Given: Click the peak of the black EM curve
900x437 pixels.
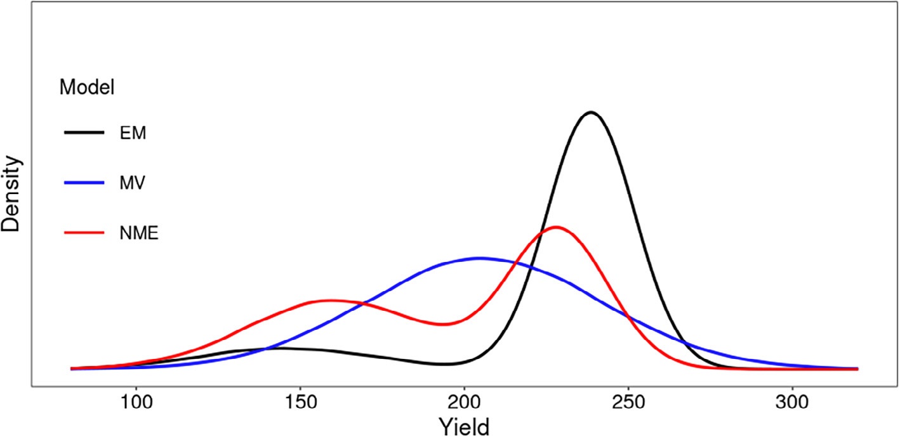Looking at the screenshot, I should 591,112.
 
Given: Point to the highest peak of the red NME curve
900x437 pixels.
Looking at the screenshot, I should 556,226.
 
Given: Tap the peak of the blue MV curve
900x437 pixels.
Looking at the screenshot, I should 480,258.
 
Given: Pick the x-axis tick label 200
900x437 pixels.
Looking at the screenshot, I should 465,402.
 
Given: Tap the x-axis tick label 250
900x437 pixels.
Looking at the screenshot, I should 628,402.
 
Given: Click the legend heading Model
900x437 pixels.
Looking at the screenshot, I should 86,88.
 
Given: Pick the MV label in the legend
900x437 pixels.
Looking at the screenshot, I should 132,183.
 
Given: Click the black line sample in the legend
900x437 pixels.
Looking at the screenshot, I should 84,132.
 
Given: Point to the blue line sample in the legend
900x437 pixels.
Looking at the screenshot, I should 84,183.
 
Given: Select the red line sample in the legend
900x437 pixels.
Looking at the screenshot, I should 84,233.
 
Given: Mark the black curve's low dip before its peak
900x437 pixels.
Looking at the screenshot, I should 444,364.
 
